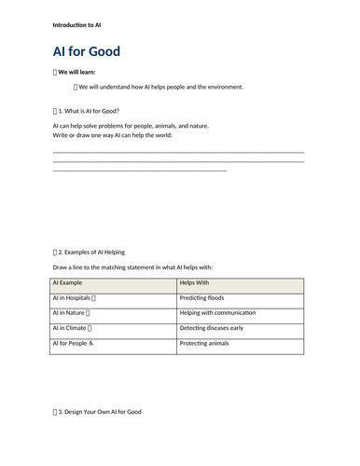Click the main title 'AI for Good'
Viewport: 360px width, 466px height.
87,51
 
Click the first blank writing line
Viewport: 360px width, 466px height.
178,151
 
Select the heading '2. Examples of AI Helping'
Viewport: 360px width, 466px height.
90,252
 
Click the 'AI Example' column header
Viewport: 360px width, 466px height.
68,282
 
